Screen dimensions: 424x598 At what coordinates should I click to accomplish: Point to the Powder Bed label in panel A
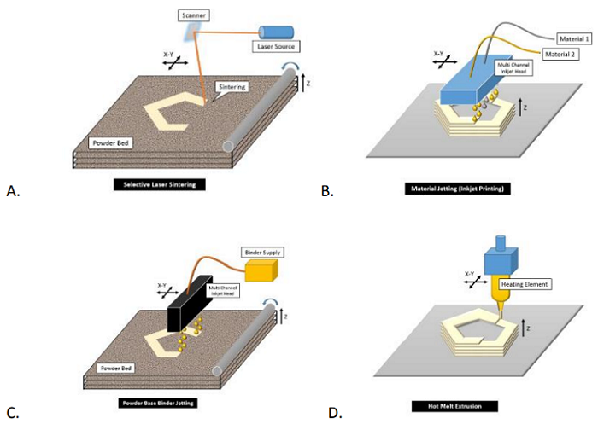click(x=111, y=143)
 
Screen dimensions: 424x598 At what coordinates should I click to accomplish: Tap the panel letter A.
click(x=12, y=191)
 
